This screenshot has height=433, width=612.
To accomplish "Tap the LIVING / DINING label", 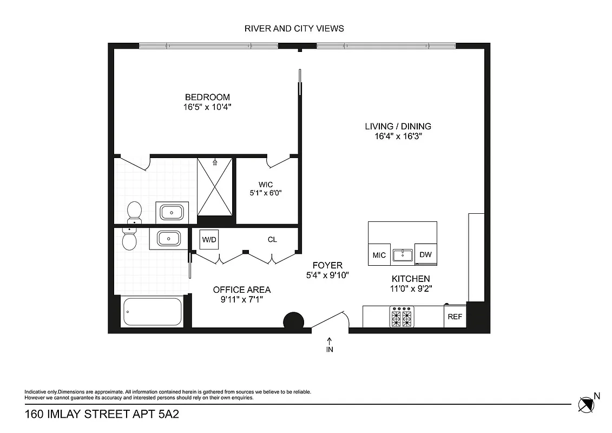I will click(x=398, y=127).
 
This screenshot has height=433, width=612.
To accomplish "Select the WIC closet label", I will click(x=266, y=185).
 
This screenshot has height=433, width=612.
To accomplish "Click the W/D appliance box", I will click(x=209, y=239).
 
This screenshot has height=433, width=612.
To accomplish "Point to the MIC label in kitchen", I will click(x=379, y=255).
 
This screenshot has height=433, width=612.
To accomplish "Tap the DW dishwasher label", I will click(x=425, y=255).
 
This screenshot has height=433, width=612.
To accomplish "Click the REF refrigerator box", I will click(x=455, y=317).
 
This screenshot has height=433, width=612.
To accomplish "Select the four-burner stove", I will click(x=401, y=317).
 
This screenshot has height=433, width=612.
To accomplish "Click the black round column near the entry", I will click(x=294, y=322).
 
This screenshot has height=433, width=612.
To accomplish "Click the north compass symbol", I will click(x=586, y=404).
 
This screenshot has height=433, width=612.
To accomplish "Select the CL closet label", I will click(x=272, y=239).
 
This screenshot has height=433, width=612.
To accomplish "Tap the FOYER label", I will click(x=327, y=265).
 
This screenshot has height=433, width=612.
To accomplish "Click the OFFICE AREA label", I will click(x=241, y=290).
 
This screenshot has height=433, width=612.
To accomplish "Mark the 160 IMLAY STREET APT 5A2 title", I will click(x=102, y=415).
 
